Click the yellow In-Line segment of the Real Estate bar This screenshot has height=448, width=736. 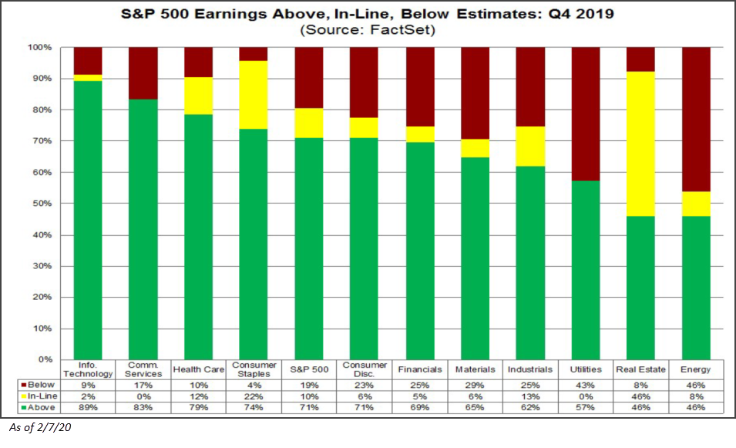(640, 143)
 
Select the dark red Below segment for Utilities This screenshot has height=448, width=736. (586, 114)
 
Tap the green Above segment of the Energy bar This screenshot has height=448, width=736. (696, 288)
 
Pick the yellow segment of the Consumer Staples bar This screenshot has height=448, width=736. (254, 95)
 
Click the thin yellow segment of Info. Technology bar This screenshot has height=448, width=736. (88, 77)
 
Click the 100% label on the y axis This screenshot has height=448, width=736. (40, 48)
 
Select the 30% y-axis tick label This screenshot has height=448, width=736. (42, 266)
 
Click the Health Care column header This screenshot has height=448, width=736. (199, 369)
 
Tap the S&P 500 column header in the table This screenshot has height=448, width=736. (309, 369)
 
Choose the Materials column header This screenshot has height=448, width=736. (475, 369)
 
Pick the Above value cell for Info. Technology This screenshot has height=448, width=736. (89, 407)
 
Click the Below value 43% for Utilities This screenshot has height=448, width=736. (585, 385)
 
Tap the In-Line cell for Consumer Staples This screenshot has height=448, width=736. (254, 396)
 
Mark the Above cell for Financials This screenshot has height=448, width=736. (419, 407)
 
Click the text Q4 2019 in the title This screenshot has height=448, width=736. (580, 14)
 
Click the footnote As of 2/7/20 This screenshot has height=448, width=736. (40, 427)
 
